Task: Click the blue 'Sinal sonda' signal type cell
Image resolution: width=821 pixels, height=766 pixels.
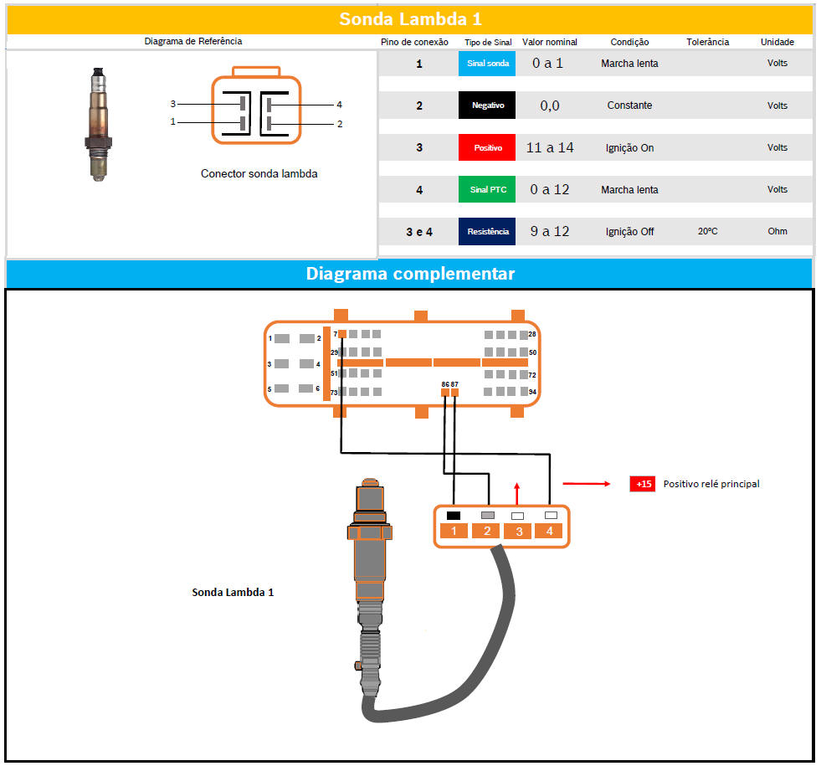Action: coord(487,64)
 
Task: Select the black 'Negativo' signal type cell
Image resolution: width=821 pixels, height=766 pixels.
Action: coord(487,105)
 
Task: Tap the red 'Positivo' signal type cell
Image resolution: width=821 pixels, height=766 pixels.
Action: coord(487,147)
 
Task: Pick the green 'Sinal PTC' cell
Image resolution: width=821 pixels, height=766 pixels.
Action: coord(487,189)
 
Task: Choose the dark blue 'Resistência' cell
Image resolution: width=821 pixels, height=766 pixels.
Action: coord(487,231)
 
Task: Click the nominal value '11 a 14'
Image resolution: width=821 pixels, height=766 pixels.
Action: coord(550,147)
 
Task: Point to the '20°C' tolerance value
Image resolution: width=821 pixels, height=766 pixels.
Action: coord(707,231)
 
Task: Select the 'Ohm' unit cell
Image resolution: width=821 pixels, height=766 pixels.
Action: coord(777,231)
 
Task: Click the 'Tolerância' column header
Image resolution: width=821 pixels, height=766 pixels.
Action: coord(707,42)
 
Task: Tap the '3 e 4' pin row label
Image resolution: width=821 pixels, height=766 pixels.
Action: coord(419,232)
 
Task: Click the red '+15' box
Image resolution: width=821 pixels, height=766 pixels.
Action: coord(643,484)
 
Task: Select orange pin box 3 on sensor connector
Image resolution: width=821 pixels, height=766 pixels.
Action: coord(517,532)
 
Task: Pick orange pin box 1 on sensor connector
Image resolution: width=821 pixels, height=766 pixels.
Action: coord(454,531)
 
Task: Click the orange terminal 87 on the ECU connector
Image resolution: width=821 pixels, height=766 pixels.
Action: coord(454,393)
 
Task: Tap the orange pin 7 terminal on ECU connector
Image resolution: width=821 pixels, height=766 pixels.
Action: coord(342,334)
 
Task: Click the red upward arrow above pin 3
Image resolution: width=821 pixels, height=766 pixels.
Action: coord(517,494)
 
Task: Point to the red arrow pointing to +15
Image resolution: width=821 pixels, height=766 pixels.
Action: coord(587,484)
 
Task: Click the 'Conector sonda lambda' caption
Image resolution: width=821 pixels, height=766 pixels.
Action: coord(259,174)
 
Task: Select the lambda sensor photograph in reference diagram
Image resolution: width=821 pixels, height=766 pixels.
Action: coord(99,125)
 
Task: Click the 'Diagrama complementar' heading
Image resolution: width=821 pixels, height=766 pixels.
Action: coord(410,274)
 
